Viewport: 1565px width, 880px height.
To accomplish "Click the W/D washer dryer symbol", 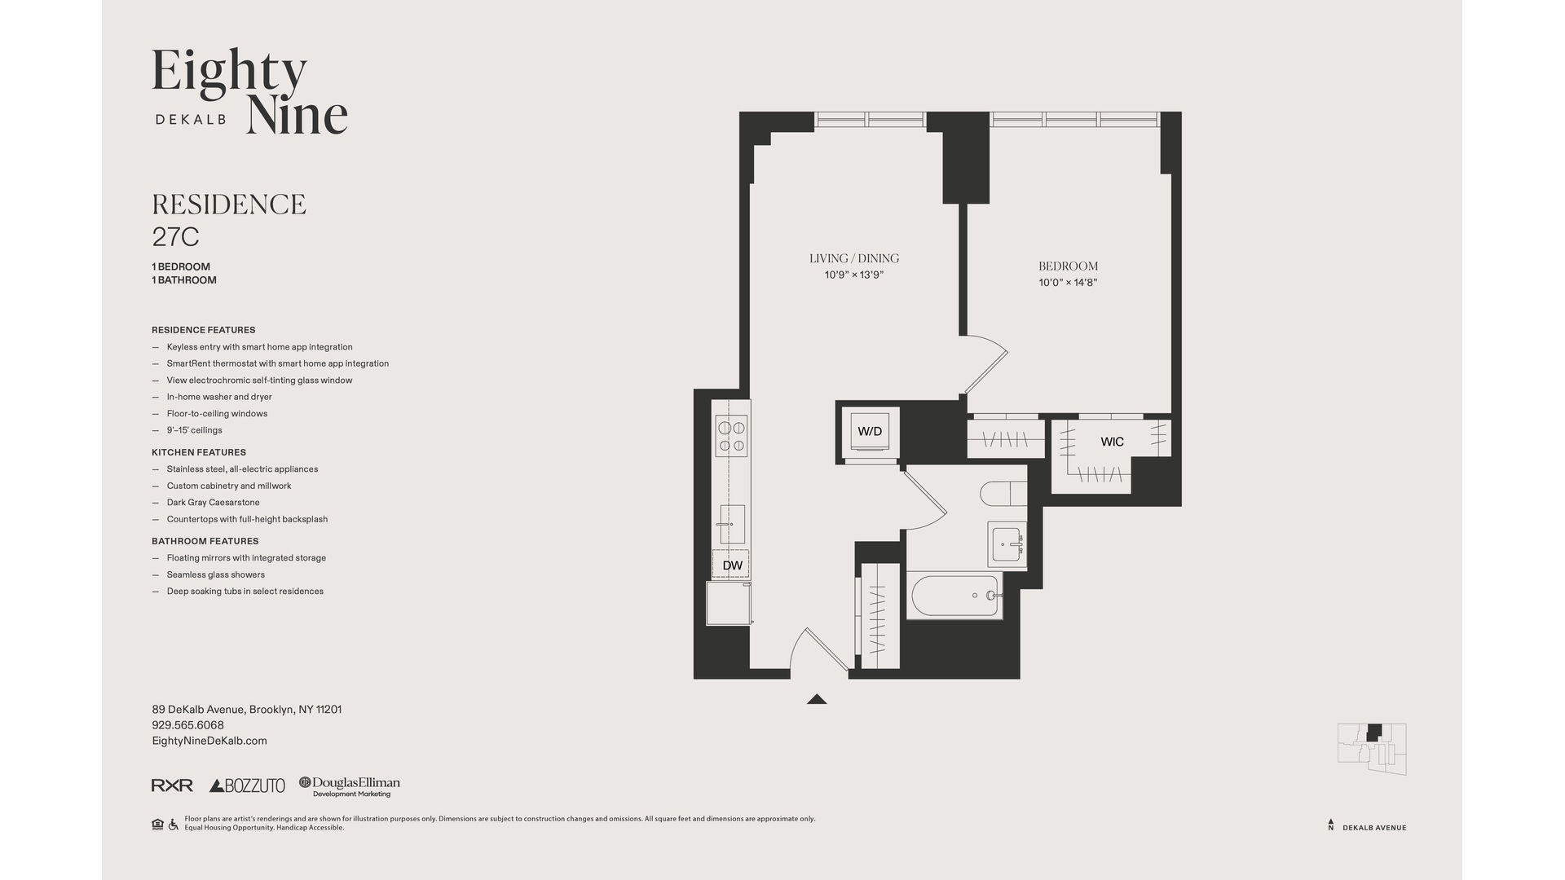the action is point(871,432).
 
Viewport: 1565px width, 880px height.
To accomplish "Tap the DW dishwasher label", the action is point(733,565).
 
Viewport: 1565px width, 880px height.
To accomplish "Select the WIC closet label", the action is point(1112,442).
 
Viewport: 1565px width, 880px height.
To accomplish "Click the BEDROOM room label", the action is point(1068,266).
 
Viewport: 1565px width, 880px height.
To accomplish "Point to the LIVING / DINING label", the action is point(854,258).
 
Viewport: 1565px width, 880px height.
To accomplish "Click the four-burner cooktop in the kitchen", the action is point(731,436).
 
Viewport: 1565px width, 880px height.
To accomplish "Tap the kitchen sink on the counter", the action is point(732,525).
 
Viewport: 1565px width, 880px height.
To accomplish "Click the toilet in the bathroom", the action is point(1003,495).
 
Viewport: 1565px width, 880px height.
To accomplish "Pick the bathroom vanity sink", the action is point(1007,544).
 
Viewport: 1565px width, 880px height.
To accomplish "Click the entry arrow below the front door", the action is point(817,699).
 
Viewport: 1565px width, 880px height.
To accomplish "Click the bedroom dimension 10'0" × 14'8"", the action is point(1068,283).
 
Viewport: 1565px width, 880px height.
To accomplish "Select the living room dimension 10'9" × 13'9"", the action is point(854,275).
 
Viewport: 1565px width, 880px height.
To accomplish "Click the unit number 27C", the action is point(176,237).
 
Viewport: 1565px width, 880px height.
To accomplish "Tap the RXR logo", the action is point(172,785).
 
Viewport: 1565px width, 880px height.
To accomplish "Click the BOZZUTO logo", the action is point(247,785).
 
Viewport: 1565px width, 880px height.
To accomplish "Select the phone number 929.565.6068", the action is point(187,725).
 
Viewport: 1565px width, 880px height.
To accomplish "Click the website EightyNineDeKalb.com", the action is point(209,741).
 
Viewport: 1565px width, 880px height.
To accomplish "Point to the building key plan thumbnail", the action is point(1372,749).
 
